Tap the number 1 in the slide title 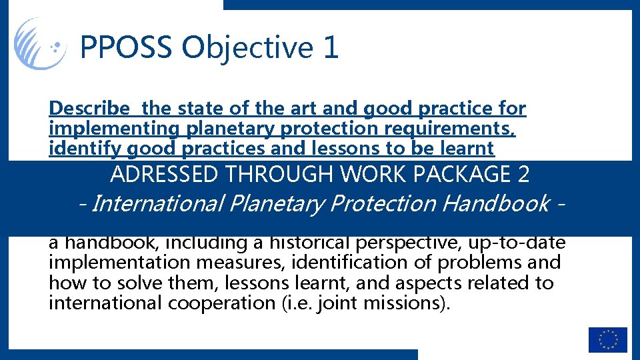[331, 47]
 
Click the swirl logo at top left [39, 43]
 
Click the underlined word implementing [101, 128]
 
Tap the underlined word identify [76, 148]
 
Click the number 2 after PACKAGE [523, 175]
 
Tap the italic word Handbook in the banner [497, 203]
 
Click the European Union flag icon [607, 339]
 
